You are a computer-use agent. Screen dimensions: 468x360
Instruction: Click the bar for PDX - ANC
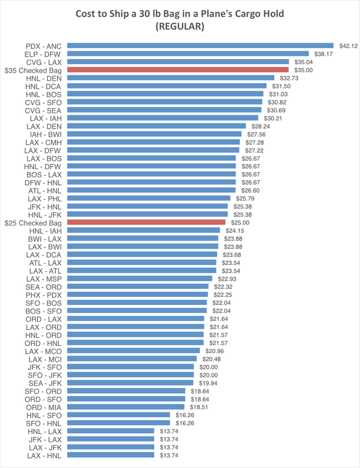[200, 46]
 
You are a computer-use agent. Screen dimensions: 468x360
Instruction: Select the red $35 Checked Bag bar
[178, 70]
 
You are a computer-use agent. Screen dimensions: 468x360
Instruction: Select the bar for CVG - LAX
[178, 62]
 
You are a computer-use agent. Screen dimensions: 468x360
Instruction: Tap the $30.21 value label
[269, 118]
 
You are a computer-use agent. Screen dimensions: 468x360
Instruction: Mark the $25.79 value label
[241, 198]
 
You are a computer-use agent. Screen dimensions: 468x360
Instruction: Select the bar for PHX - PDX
[138, 294]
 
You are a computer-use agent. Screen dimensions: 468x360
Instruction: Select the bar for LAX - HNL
[111, 454]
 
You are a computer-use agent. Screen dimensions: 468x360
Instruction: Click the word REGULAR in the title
[180, 26]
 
